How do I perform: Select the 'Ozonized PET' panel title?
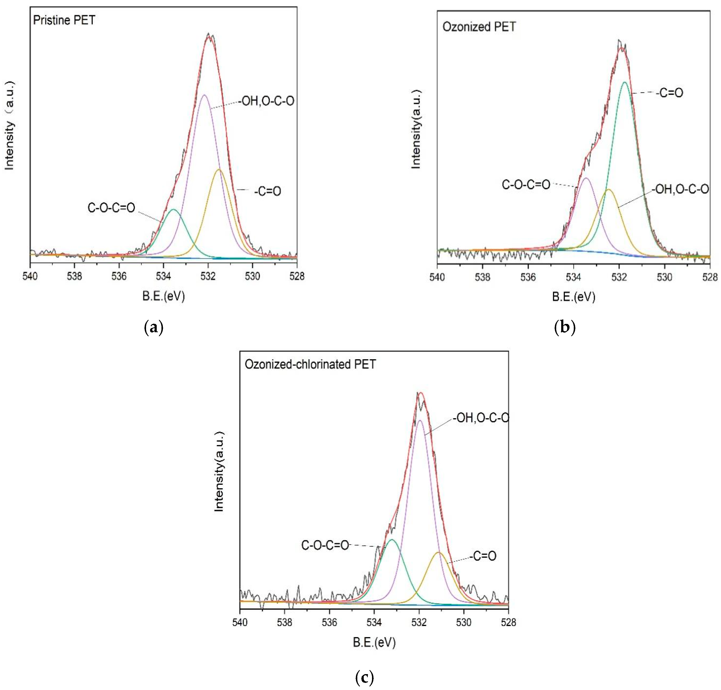click(x=479, y=27)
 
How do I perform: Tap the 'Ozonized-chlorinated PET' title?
click(x=310, y=364)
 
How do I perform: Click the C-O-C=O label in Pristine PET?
click(x=111, y=208)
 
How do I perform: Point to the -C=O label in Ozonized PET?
click(x=670, y=93)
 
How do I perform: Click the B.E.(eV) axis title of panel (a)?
click(x=163, y=296)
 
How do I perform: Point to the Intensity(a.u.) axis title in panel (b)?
click(x=416, y=129)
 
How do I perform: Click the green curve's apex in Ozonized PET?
click(x=625, y=82)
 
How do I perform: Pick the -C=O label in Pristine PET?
click(x=267, y=191)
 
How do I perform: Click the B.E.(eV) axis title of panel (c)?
click(x=374, y=642)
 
